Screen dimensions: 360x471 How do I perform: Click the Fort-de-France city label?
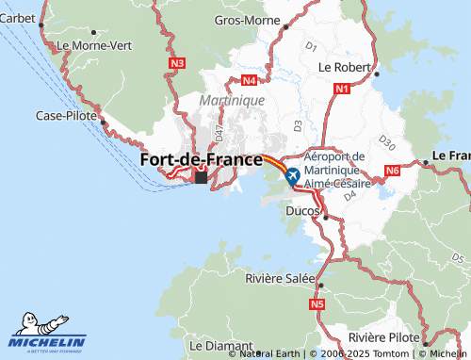click(x=201, y=160)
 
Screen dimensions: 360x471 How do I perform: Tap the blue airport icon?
click(x=291, y=175)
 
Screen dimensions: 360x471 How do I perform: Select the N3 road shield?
click(x=178, y=63)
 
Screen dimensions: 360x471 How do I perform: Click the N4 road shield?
click(x=249, y=81)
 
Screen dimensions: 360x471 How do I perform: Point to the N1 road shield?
click(x=341, y=89)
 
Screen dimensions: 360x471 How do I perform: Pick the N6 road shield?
click(x=392, y=171)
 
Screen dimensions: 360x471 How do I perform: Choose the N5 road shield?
click(x=317, y=304)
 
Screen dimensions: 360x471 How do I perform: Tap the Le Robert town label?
click(x=345, y=67)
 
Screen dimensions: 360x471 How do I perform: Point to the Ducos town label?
click(x=301, y=211)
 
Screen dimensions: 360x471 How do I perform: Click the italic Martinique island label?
click(x=232, y=99)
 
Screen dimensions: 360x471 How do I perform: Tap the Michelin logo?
click(x=47, y=332)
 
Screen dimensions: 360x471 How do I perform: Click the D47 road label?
click(x=219, y=123)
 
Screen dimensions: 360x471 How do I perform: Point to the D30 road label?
click(x=384, y=140)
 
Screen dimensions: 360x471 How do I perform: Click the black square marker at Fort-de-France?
click(x=201, y=176)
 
